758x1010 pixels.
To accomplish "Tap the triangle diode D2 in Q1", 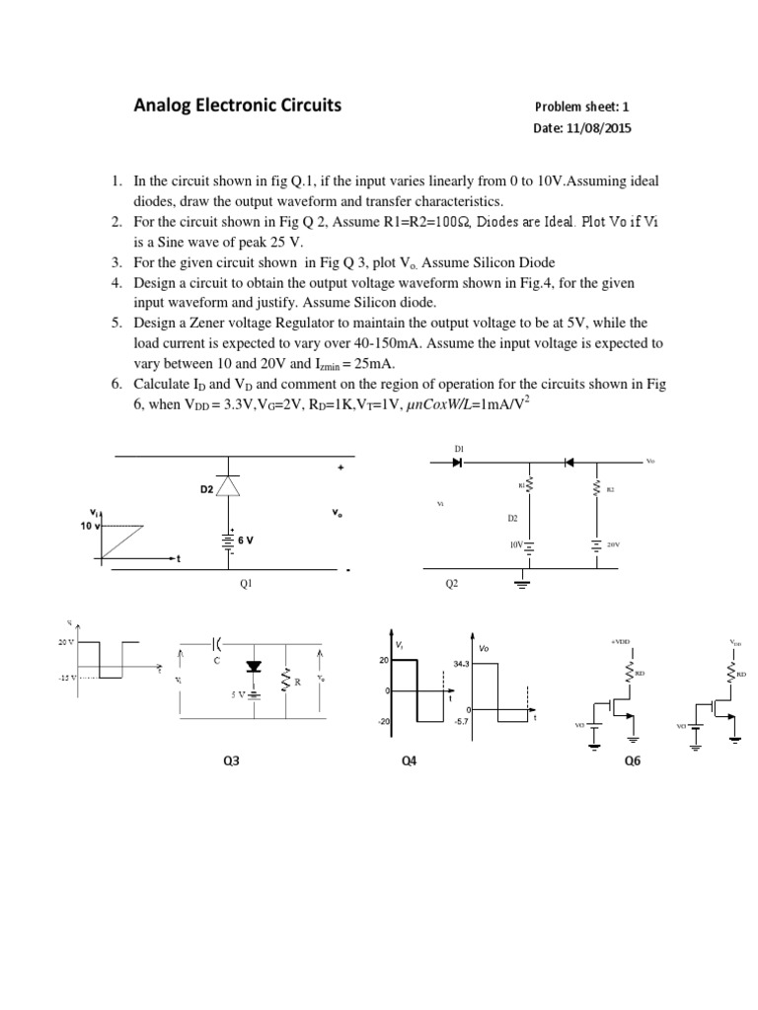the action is pos(229,484).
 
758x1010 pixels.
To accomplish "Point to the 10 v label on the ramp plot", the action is pos(91,526).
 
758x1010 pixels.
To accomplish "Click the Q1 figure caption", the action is pos(246,583).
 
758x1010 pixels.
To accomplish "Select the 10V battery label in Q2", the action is pos(515,543).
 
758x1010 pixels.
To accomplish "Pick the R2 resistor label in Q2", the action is pos(611,489).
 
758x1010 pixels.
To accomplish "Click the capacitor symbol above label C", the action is pos(216,642).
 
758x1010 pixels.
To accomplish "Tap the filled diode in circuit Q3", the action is pos(254,667).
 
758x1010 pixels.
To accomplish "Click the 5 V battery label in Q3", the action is pos(238,694).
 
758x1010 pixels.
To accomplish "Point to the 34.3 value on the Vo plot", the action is pos(461,664).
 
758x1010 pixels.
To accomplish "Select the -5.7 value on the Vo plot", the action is pos(460,721).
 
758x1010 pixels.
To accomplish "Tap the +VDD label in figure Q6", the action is pos(621,641).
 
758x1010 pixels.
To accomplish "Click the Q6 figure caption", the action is pos(633,760).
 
